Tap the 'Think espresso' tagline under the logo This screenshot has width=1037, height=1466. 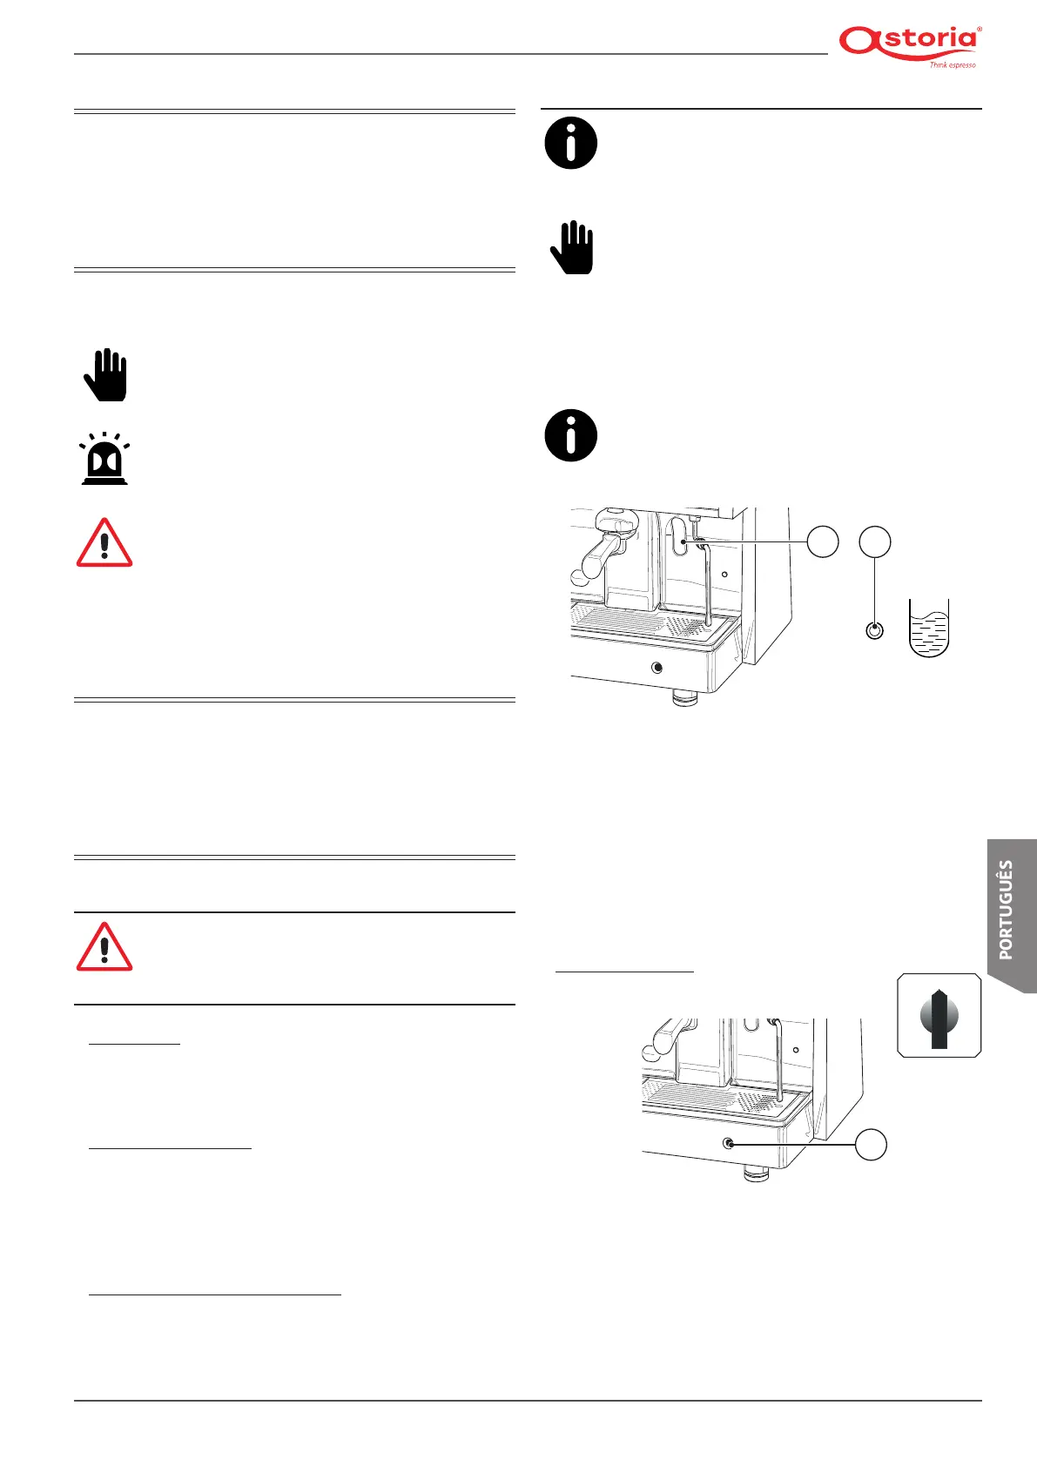pos(952,65)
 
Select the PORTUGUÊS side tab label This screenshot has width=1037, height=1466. pos(1007,910)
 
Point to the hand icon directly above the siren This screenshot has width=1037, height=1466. pos(105,375)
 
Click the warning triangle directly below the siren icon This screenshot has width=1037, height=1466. pos(104,543)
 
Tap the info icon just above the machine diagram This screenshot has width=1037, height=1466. pos(571,435)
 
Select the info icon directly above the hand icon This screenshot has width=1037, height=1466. pos(571,143)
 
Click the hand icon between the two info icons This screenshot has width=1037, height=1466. pos(572,248)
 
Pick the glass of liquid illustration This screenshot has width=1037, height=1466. pos(928,629)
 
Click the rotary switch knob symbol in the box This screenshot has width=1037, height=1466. pos(939,1016)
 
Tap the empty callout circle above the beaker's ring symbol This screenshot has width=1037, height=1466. pos(875,541)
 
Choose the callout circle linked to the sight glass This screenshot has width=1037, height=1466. pos(823,541)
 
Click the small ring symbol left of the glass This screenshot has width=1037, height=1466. pos(875,631)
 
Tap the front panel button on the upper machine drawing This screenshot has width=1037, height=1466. pos(657,668)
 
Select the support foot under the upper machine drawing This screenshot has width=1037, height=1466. pos(685,697)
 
